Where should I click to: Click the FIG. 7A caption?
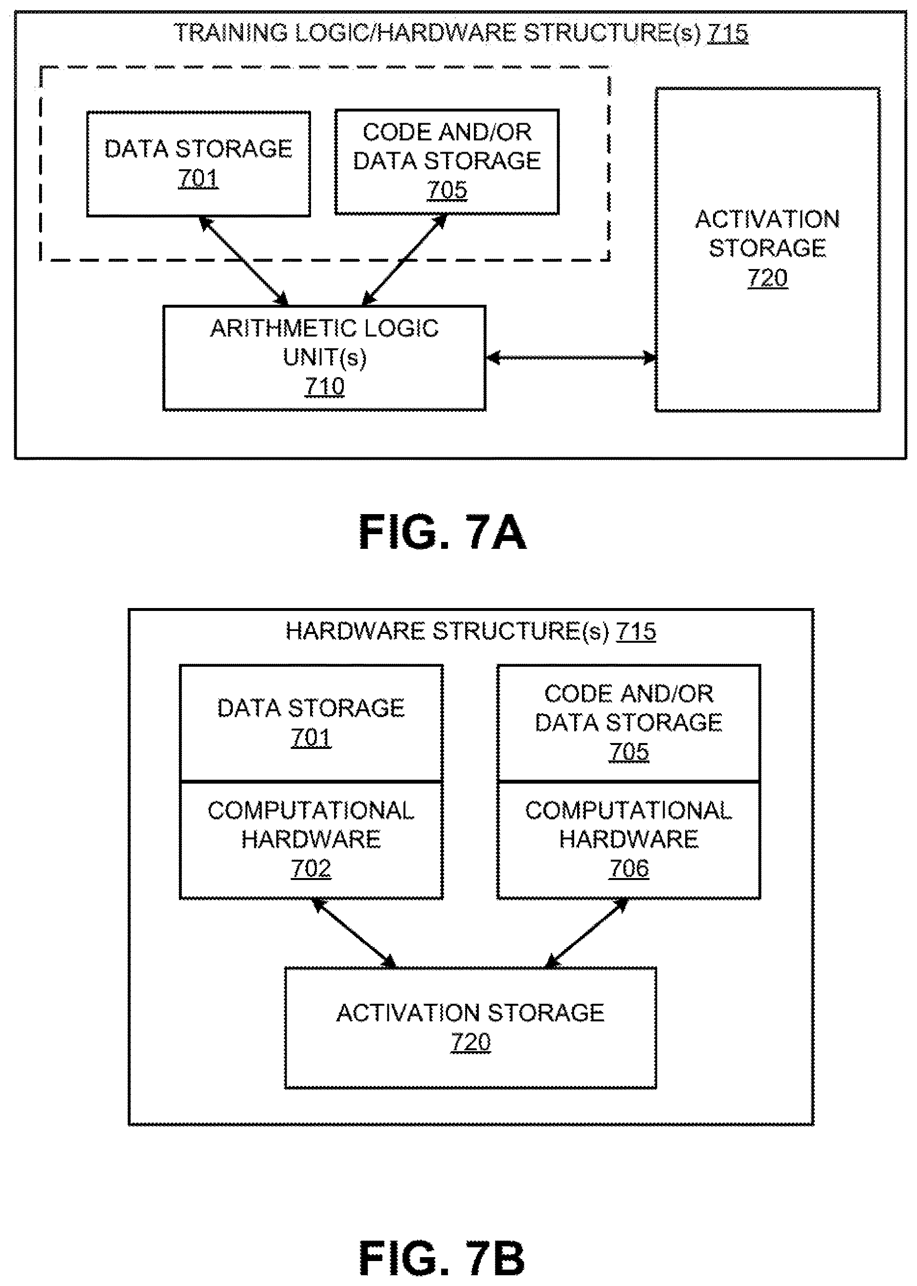(442, 532)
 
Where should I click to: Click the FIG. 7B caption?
(442, 1258)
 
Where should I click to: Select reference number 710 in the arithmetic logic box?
(324, 386)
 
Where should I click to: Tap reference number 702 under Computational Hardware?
(311, 868)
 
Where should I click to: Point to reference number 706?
(628, 868)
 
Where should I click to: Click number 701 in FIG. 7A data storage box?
(198, 179)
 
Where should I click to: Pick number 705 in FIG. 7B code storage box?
(628, 752)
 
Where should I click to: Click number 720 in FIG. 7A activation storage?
(767, 278)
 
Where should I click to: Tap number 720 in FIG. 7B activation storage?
(470, 1042)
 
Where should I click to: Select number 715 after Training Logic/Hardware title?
(728, 33)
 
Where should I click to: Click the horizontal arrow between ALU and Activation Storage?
(570, 358)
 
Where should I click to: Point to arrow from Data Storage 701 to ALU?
(244, 261)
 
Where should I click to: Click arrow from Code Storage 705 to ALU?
(404, 260)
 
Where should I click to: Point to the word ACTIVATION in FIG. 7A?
(767, 219)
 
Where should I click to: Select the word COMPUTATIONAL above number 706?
(628, 811)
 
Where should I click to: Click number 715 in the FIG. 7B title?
(636, 631)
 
